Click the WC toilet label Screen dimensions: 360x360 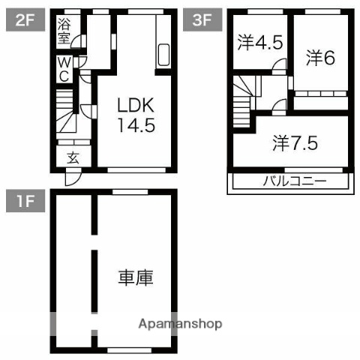point(64,70)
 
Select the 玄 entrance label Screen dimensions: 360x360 point(73,157)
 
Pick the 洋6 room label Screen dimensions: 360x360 point(319,58)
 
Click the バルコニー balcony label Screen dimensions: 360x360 point(294,181)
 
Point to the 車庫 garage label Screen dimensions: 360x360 point(135,277)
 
